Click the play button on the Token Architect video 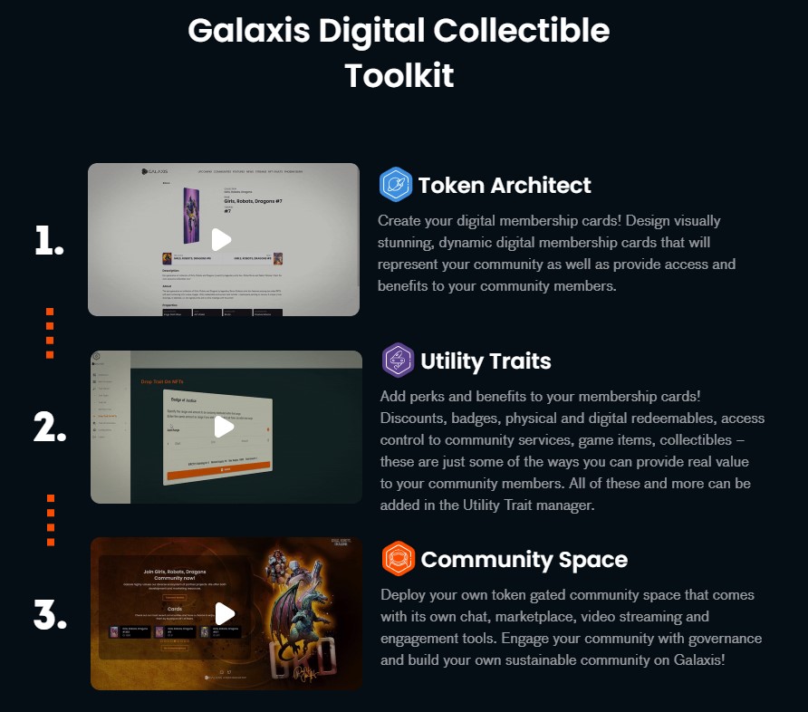coord(221,240)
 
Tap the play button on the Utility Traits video coord(224,427)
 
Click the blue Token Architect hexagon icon coord(395,185)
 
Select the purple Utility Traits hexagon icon coord(398,361)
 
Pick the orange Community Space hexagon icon coord(398,559)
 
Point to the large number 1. coord(49,241)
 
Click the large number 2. coord(50,427)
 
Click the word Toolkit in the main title coord(399,75)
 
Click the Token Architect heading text coord(505,186)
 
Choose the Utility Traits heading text coord(486,361)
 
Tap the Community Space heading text coord(524,560)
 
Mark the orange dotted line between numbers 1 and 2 coord(50,332)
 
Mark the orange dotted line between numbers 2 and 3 coord(51,520)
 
